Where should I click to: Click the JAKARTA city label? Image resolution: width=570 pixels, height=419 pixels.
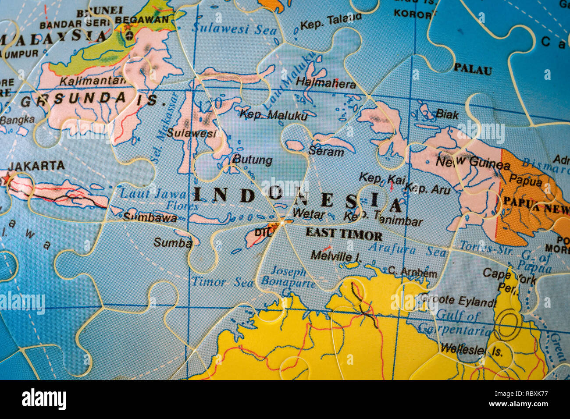(x=36, y=166)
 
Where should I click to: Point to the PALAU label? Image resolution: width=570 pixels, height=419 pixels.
(x=472, y=69)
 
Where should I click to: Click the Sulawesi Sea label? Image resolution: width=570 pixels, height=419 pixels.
(x=234, y=29)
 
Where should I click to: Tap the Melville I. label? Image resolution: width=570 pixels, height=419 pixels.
(x=336, y=255)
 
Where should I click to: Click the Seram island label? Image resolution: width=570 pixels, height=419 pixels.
(x=326, y=152)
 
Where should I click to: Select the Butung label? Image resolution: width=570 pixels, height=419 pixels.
(x=252, y=160)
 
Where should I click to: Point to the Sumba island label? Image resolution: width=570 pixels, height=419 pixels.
(x=172, y=242)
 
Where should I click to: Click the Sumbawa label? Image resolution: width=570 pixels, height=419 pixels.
(x=150, y=217)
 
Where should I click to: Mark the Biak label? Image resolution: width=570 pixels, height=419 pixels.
(x=447, y=115)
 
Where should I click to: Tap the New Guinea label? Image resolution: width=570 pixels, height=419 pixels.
(x=473, y=163)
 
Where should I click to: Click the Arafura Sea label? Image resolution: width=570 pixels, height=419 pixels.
(x=407, y=250)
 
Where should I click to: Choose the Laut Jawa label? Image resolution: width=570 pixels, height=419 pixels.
(x=147, y=193)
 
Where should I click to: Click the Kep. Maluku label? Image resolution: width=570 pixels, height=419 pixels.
(x=274, y=115)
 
